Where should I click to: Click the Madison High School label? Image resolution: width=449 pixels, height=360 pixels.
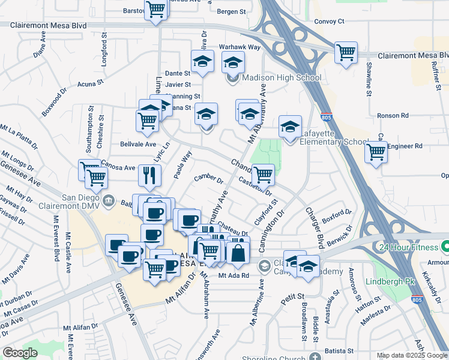pyautogui.click(x=282, y=77)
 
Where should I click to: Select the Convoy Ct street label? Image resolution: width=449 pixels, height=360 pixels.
pyautogui.click(x=330, y=22)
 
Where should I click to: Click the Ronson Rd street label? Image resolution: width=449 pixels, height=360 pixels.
pyautogui.click(x=393, y=115)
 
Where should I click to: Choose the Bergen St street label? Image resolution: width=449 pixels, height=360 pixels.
pyautogui.click(x=232, y=11)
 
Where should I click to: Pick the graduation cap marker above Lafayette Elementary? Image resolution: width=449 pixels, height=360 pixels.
pyautogui.click(x=290, y=126)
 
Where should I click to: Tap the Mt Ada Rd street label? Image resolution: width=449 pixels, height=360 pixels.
pyautogui.click(x=233, y=276)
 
